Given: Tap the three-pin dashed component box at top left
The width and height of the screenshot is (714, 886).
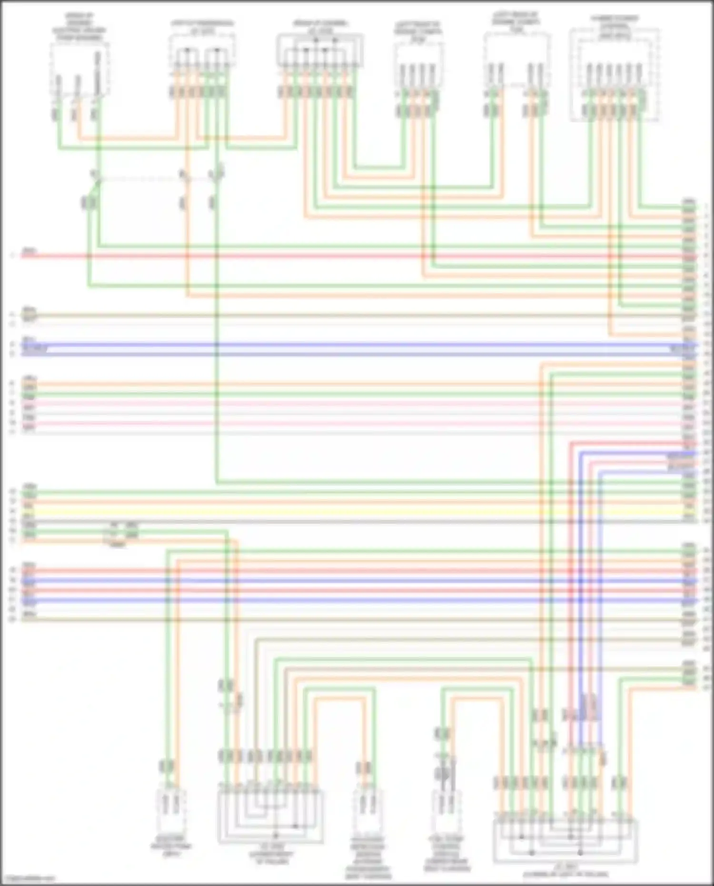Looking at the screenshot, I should pos(79,71).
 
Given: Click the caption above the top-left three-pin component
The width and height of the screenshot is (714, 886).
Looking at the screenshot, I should pos(79,26).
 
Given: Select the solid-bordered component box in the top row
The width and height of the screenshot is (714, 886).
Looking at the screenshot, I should pos(320,50).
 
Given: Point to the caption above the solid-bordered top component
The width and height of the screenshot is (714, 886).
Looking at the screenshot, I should pos(320,27).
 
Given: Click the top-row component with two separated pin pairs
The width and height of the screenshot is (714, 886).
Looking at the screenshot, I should pos(516,62).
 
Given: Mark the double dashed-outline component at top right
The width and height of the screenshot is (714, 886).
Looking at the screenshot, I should pos(615,74).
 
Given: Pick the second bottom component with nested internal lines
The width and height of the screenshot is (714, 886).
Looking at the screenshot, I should pos(270,817).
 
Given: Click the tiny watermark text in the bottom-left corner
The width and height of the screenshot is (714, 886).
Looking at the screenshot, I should pos(29,879).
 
